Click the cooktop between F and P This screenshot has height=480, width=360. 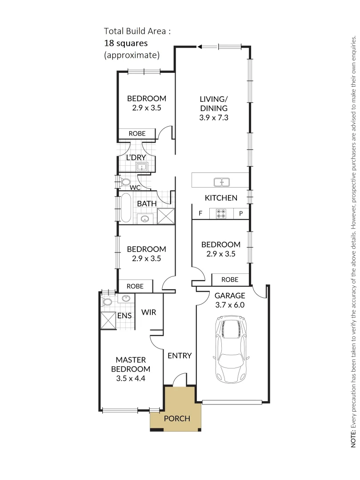[220, 213]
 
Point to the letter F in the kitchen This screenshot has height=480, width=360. [200, 213]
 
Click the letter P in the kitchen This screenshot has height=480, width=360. [241, 213]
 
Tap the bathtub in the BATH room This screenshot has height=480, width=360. [126, 208]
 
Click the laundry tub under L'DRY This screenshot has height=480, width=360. [142, 167]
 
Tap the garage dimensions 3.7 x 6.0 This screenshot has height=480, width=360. [230, 305]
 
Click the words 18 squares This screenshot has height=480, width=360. [125, 43]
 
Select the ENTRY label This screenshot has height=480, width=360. [180, 356]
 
